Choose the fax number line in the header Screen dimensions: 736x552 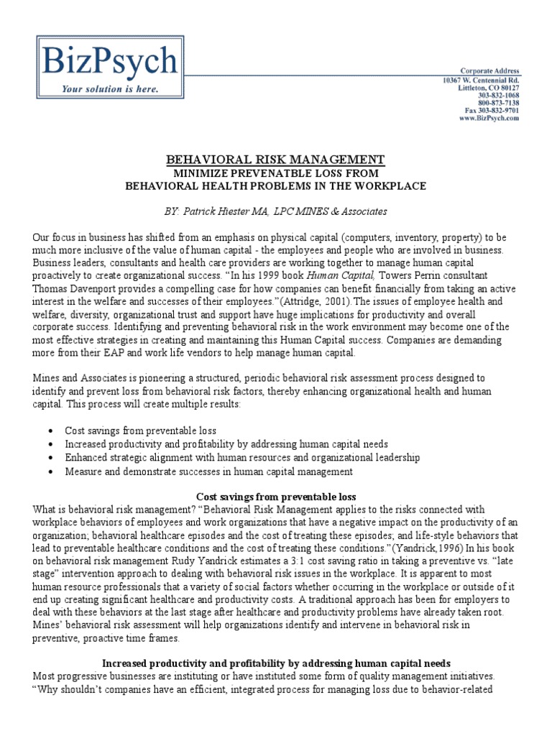[492, 111]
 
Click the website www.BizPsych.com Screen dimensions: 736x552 [489, 119]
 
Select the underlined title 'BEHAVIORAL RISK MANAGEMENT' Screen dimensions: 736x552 [276, 160]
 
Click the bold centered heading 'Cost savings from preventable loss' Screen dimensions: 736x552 [276, 497]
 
